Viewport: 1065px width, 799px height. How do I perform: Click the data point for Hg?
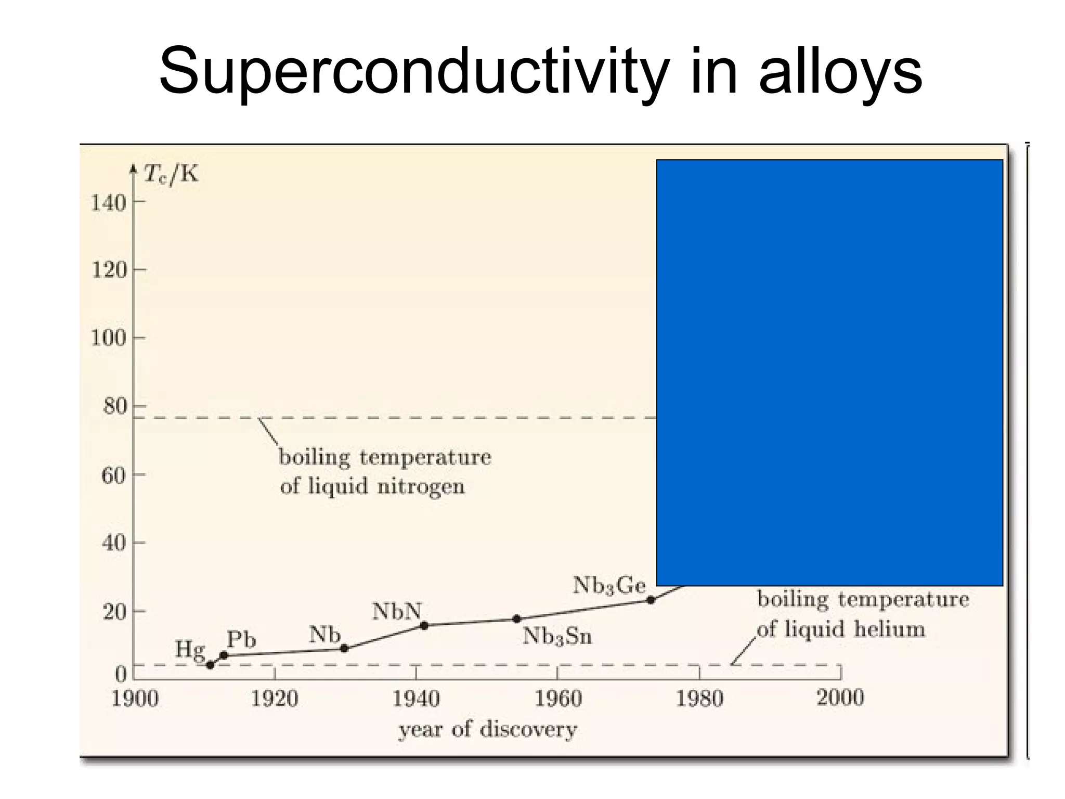click(x=210, y=665)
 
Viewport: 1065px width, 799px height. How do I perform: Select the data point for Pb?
click(x=224, y=655)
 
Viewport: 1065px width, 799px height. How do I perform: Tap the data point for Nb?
click(x=344, y=648)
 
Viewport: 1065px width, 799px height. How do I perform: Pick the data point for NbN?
click(x=424, y=625)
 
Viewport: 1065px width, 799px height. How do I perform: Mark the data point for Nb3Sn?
click(x=516, y=619)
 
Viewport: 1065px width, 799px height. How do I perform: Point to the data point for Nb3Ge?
click(x=651, y=600)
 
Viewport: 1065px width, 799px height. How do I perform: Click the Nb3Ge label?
click(x=609, y=586)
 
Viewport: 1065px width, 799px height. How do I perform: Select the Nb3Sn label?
click(x=557, y=636)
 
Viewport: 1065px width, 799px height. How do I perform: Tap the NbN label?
click(x=397, y=612)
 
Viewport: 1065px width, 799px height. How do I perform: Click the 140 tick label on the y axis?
click(x=109, y=202)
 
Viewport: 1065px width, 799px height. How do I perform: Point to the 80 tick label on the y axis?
click(x=114, y=406)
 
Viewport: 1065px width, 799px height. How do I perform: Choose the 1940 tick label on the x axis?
click(x=416, y=698)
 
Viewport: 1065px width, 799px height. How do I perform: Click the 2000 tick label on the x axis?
click(x=840, y=697)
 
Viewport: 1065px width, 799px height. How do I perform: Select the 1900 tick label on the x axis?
click(x=135, y=698)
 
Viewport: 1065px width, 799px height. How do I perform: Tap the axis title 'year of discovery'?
click(x=488, y=729)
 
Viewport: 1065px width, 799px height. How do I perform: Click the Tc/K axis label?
click(x=171, y=174)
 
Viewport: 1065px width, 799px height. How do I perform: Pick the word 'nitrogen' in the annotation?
click(x=421, y=487)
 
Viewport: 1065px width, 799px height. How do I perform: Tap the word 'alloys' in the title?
click(x=840, y=71)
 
